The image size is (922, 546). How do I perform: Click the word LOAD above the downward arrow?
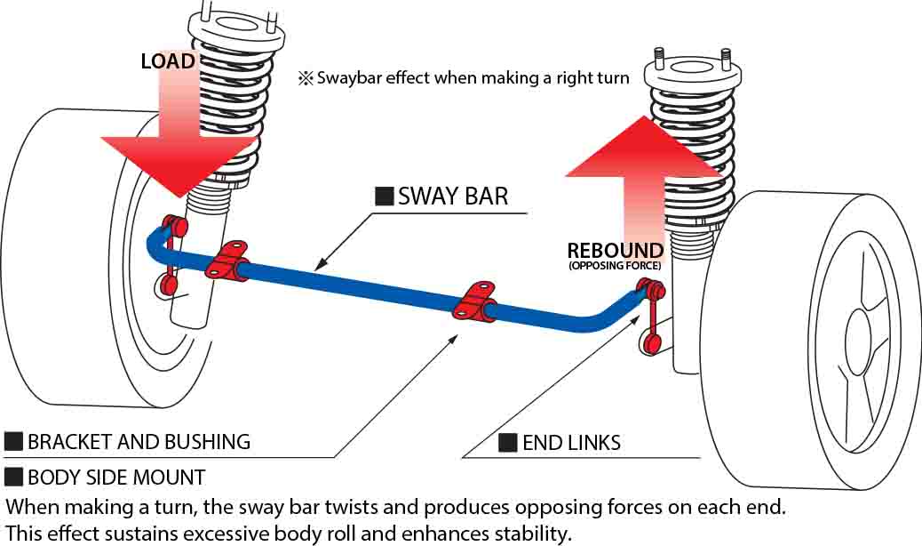coord(169,61)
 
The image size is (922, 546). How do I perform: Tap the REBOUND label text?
coord(616,250)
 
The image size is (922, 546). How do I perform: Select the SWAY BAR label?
coord(452,196)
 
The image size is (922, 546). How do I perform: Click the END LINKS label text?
coord(571,443)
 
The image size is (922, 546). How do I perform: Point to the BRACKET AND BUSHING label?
coord(139,441)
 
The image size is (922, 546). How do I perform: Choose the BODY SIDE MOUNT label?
coord(116,478)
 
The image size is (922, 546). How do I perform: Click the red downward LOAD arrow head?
coord(169,165)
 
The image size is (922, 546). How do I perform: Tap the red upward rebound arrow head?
coord(641,147)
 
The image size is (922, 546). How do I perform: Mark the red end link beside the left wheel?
coord(171,254)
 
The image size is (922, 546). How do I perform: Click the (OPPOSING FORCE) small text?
coord(615,266)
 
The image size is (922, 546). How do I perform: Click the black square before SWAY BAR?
coord(385,197)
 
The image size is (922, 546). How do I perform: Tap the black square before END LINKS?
coord(507,443)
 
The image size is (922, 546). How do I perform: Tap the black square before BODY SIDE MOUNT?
coord(13,478)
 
